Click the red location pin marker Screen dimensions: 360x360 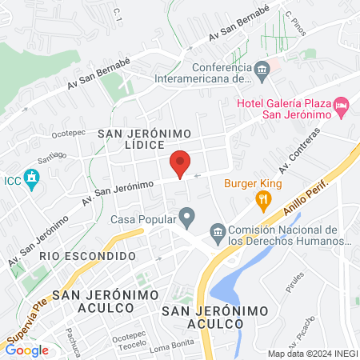(x=181, y=163)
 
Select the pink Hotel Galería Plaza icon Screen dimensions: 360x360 (x=342, y=105)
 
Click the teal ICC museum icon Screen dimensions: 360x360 (x=32, y=179)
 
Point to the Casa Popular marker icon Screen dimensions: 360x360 (x=187, y=216)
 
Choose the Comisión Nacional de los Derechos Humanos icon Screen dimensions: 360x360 (x=218, y=233)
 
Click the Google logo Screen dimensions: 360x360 (x=27, y=350)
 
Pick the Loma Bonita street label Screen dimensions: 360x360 (x=172, y=348)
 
